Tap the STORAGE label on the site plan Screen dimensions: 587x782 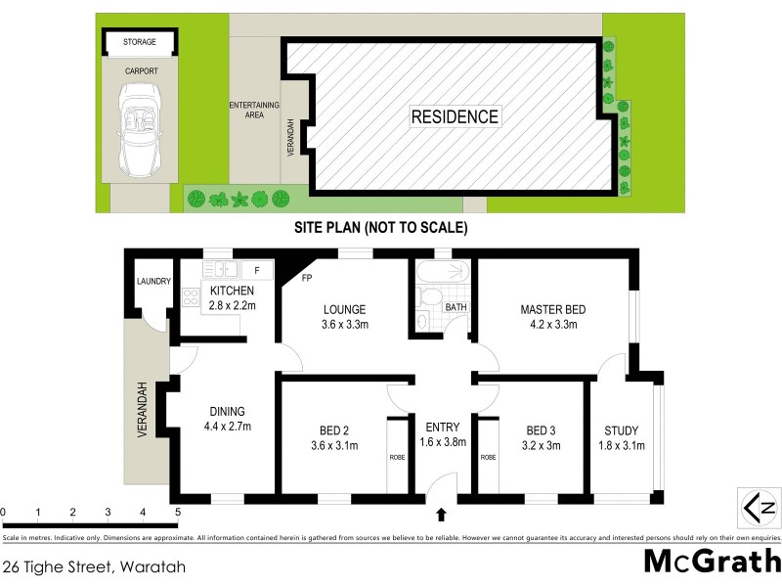pos(141,42)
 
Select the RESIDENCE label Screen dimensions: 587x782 pos(454,116)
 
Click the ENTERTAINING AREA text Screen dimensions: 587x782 pos(254,110)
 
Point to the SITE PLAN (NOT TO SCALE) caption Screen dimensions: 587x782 pos(382,228)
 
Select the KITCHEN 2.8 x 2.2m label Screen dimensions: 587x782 pos(232,297)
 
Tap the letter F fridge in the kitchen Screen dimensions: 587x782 pos(257,268)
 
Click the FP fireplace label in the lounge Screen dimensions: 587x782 pos(306,277)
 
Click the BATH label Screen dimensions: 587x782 pos(456,307)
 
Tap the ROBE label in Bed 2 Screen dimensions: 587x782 pos(397,456)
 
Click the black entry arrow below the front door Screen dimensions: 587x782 pos(441,512)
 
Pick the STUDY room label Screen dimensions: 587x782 pos(621,430)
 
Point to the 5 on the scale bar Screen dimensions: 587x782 pos(177,512)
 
